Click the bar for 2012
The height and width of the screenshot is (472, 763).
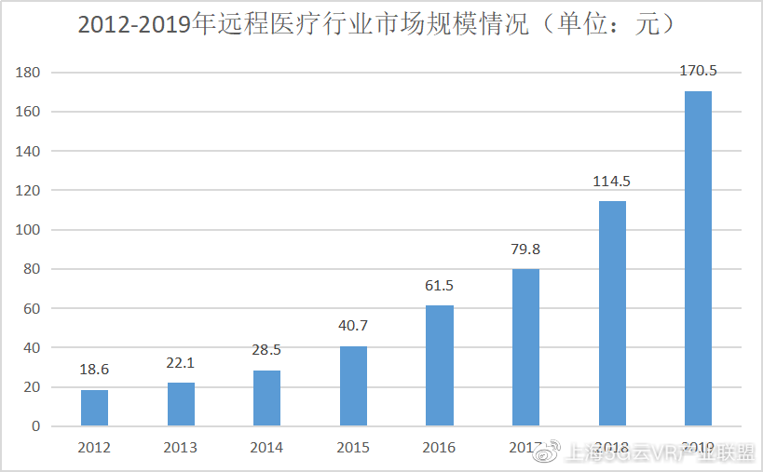[x=94, y=408]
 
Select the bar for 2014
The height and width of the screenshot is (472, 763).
[x=266, y=398]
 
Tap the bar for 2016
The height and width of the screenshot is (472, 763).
[x=440, y=366]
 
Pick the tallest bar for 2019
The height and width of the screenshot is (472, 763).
[x=698, y=259]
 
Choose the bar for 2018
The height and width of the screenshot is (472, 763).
[x=612, y=314]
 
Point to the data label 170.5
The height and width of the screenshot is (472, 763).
[x=698, y=71]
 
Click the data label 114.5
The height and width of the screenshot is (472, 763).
[x=612, y=182]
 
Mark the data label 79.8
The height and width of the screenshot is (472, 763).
[x=525, y=249]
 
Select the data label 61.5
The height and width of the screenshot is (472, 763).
[x=440, y=286]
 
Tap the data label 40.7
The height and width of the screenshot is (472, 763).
[x=353, y=327]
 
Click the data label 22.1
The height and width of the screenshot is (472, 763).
[x=181, y=363]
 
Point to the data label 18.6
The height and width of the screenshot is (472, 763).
[x=94, y=371]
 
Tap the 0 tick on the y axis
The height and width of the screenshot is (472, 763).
[x=35, y=426]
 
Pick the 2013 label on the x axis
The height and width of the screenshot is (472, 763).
[x=181, y=448]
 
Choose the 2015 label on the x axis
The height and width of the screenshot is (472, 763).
[x=353, y=448]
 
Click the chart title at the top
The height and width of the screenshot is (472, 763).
[x=376, y=25]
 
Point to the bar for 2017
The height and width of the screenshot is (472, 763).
[x=525, y=347]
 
